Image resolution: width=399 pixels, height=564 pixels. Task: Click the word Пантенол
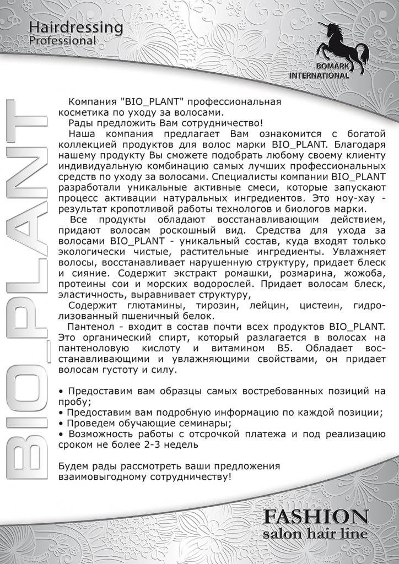pyautogui.click(x=89, y=327)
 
